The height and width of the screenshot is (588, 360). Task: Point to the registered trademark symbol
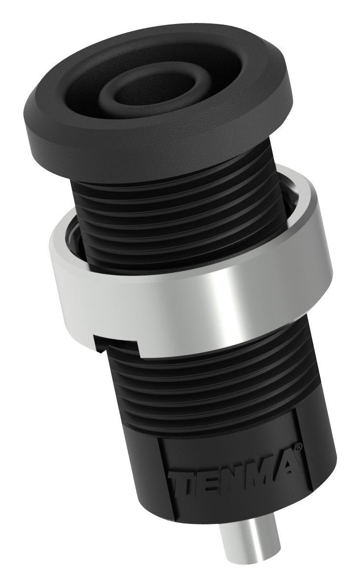tap(299, 446)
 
